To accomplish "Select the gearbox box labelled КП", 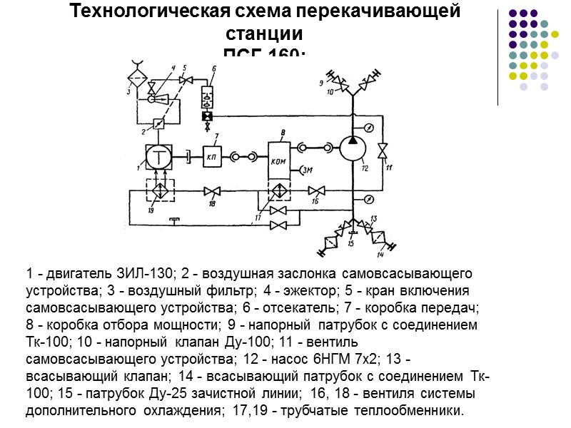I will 212,156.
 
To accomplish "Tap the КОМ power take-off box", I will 279,158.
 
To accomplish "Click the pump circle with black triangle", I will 352,149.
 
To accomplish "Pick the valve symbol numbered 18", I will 211,191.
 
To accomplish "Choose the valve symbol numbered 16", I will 317,191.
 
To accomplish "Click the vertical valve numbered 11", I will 383,151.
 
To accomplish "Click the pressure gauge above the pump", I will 369,128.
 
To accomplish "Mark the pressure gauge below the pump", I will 369,198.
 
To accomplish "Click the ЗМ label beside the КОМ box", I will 308,170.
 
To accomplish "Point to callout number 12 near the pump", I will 365,169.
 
